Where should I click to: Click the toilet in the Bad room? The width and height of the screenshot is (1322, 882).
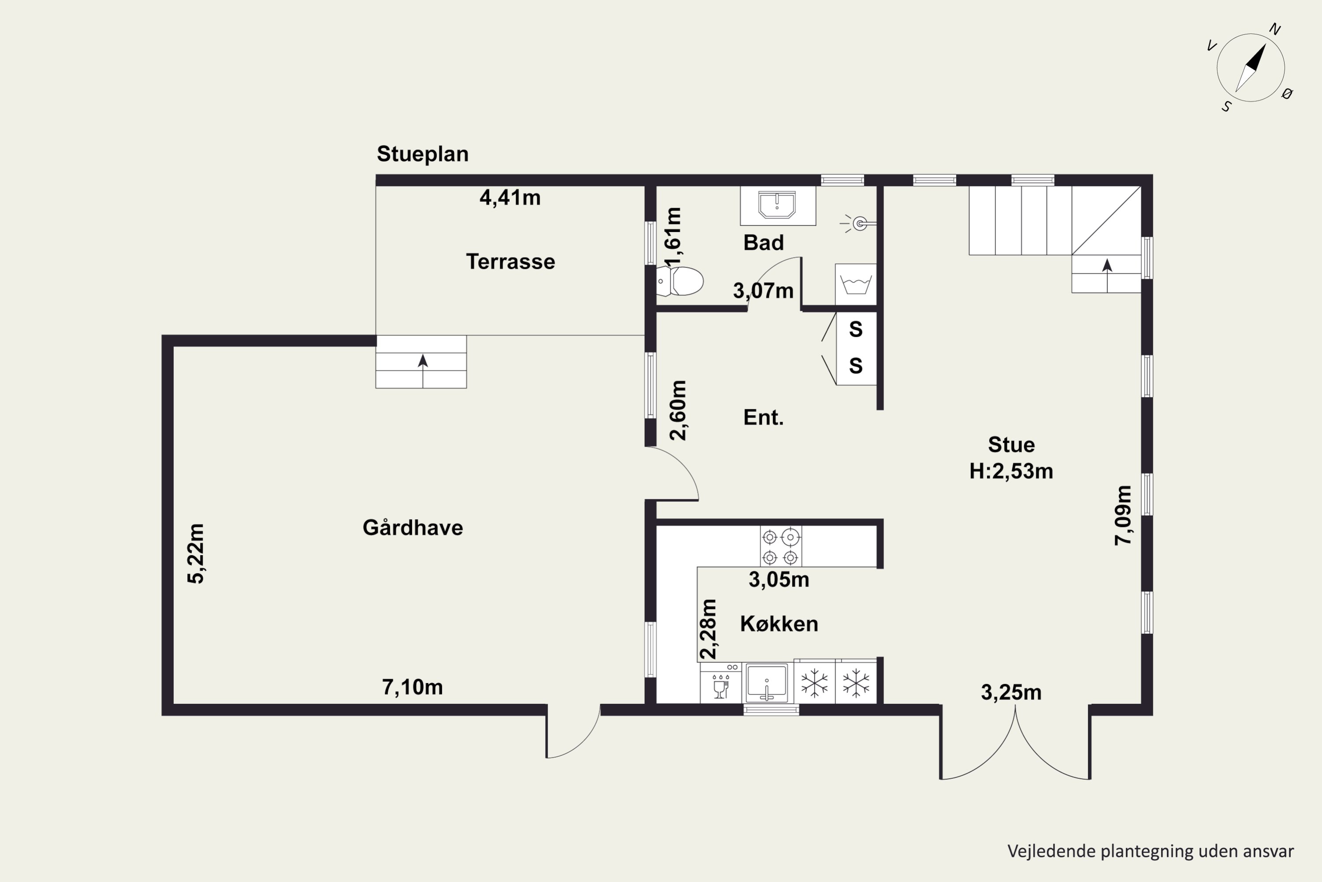click(x=680, y=280)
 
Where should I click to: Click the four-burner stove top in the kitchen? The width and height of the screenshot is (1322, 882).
click(x=781, y=546)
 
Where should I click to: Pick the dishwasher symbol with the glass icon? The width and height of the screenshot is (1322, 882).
click(x=720, y=682)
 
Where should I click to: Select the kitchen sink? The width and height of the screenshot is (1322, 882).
click(x=767, y=682)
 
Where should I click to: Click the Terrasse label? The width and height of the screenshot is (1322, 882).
click(x=510, y=262)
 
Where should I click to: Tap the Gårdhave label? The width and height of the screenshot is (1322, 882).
click(x=412, y=527)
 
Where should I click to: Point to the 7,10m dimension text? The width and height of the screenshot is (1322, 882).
click(x=412, y=687)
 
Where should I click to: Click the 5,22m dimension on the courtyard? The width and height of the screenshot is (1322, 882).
click(x=196, y=553)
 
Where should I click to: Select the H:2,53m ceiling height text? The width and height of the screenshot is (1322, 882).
click(x=1011, y=471)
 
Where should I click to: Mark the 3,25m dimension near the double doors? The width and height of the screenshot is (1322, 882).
click(x=1011, y=692)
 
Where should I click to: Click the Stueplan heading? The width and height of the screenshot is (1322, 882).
click(x=423, y=153)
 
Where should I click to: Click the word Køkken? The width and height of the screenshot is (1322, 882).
click(x=779, y=624)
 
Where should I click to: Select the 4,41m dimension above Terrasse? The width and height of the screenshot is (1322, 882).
click(x=510, y=198)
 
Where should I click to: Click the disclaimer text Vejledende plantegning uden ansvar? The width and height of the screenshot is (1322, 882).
click(x=1151, y=851)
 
